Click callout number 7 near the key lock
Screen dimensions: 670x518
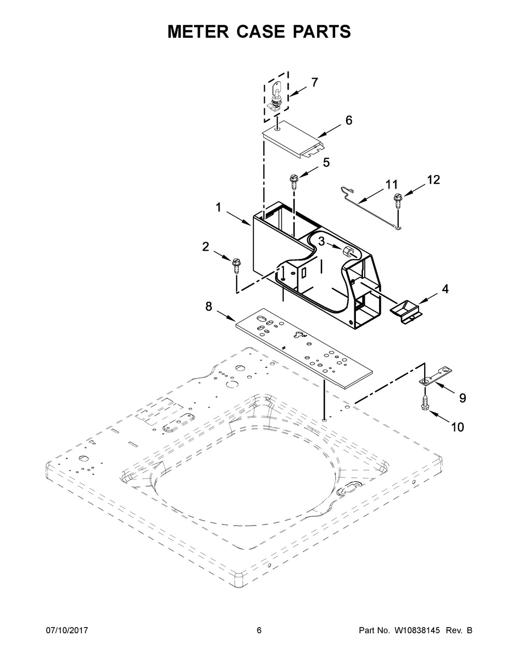[x=314, y=82]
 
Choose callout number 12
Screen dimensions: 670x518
[x=433, y=180]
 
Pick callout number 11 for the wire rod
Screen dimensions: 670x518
[x=392, y=184]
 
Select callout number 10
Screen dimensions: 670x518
[x=457, y=427]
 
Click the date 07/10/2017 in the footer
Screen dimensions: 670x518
[x=67, y=630]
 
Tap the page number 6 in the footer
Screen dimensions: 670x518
[x=259, y=630]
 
